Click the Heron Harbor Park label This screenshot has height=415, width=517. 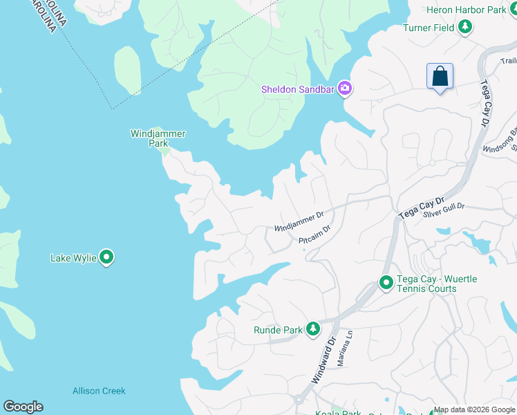click(x=467, y=10)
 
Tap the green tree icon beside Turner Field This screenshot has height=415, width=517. click(x=466, y=27)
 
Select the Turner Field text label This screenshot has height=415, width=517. click(x=429, y=28)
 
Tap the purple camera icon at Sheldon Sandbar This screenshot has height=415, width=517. click(x=344, y=89)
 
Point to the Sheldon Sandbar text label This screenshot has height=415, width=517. click(x=297, y=89)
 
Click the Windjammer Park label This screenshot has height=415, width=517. click(x=158, y=138)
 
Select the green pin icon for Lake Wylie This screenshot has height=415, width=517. click(x=106, y=257)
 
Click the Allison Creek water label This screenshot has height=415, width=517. click(x=99, y=391)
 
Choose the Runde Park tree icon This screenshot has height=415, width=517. click(x=313, y=329)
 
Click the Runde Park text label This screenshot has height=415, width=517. click(x=278, y=330)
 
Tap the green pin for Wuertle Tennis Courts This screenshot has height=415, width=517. click(x=386, y=283)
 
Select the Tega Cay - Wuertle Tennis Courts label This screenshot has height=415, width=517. click(x=437, y=284)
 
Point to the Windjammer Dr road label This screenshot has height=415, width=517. click(x=299, y=222)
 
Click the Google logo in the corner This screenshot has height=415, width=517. click(x=23, y=407)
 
